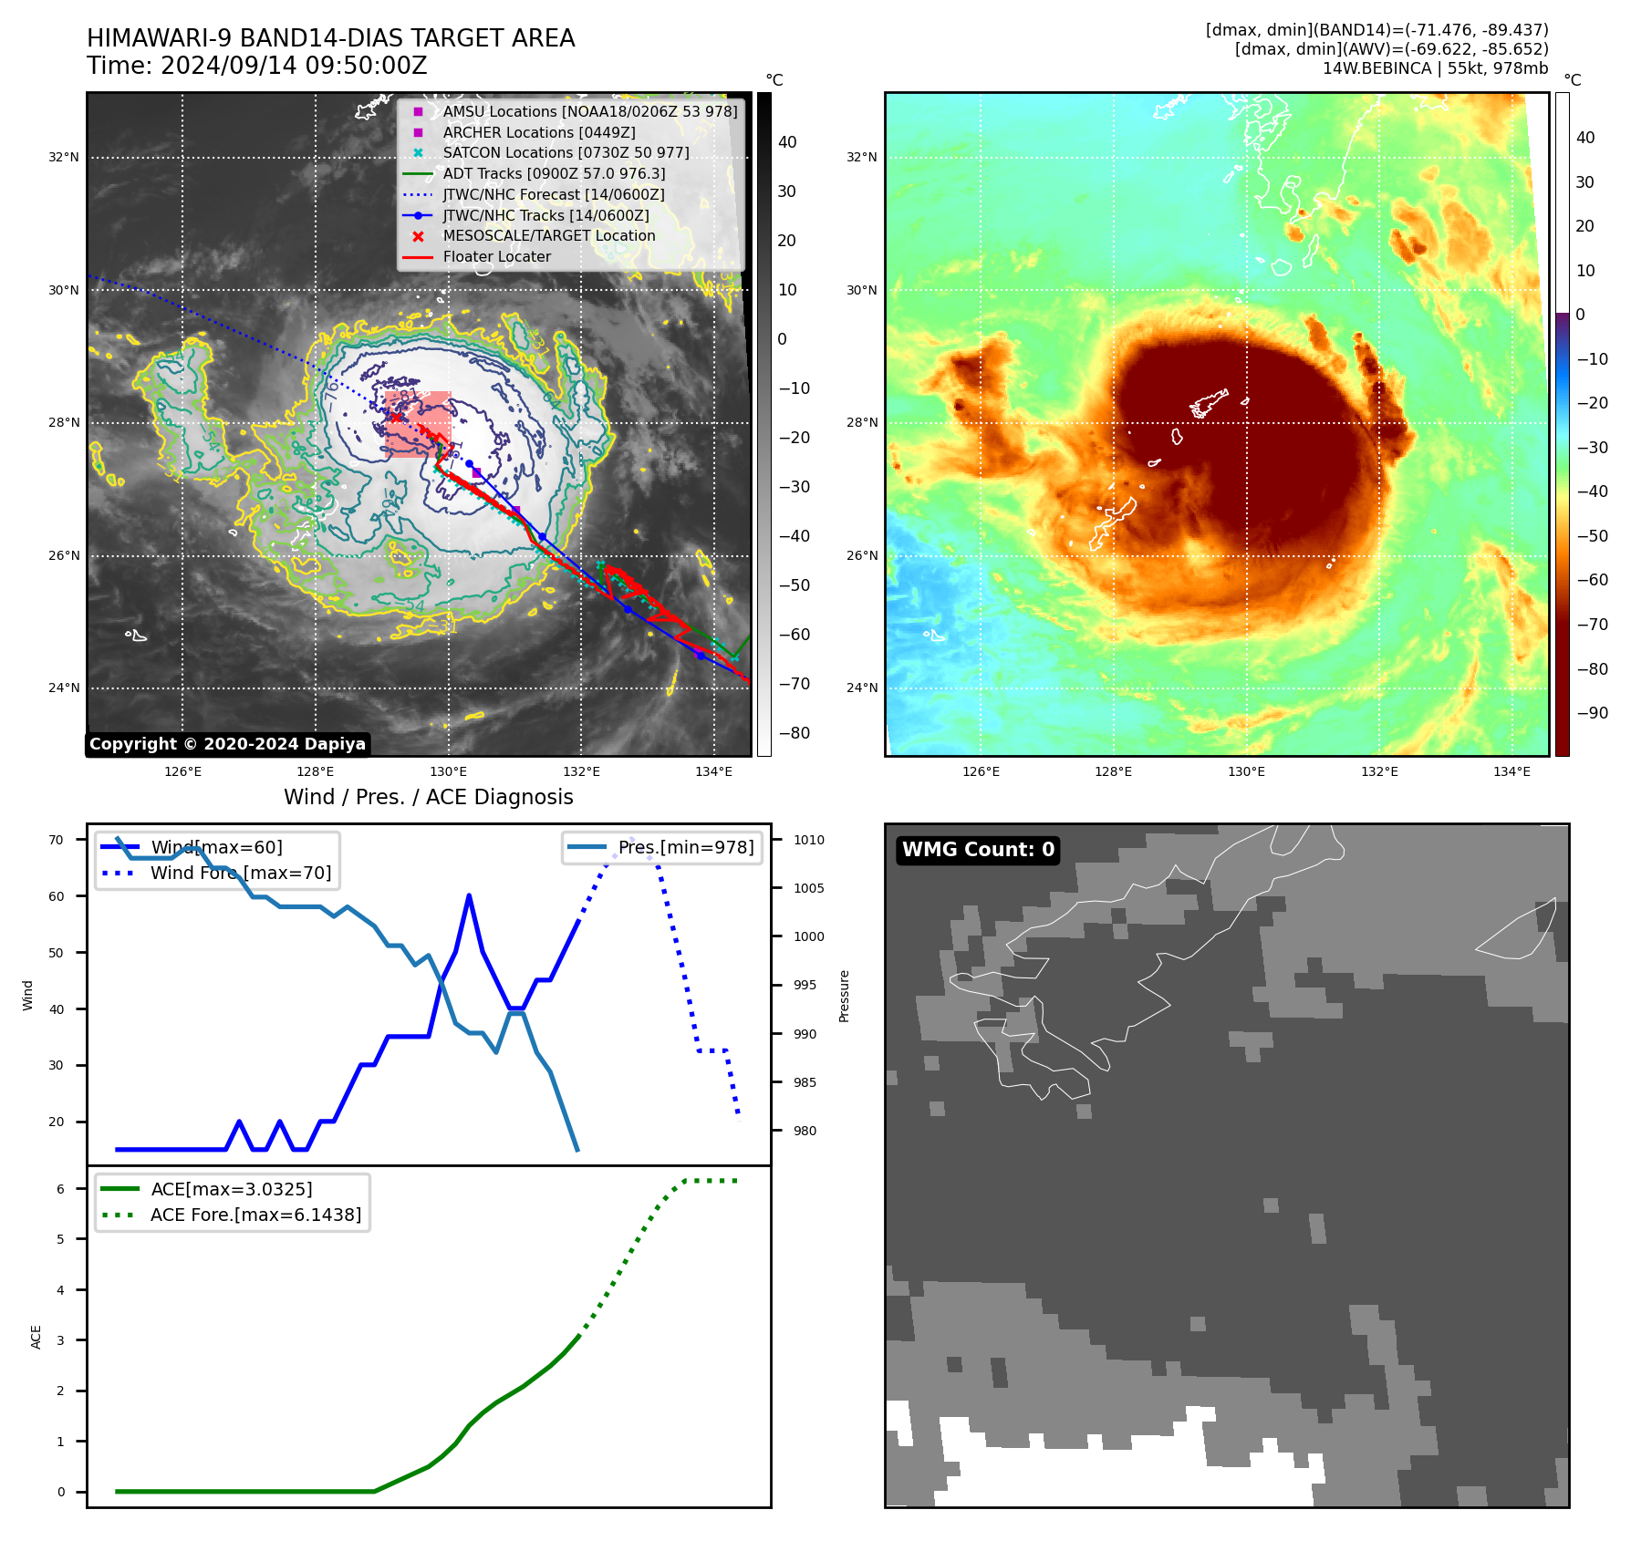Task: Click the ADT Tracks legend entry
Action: [x=554, y=173]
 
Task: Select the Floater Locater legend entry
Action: [x=496, y=257]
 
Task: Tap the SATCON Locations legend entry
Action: [x=566, y=152]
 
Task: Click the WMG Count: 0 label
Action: [x=978, y=850]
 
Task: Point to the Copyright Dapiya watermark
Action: [x=227, y=744]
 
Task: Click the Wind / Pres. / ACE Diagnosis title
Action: [x=428, y=797]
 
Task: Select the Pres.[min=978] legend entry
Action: [x=686, y=847]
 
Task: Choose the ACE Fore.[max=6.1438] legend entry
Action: [x=255, y=1215]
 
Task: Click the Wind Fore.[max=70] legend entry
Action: [x=241, y=873]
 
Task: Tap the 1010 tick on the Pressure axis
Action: [x=808, y=840]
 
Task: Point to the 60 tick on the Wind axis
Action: [x=57, y=896]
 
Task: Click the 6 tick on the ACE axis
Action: [x=60, y=1189]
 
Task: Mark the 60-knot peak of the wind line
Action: [x=469, y=896]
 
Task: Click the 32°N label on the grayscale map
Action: [x=64, y=158]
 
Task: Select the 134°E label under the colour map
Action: [x=1512, y=771]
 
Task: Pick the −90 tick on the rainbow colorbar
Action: [x=1592, y=713]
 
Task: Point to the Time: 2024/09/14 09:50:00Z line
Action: [x=256, y=66]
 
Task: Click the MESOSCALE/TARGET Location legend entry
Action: [x=548, y=236]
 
